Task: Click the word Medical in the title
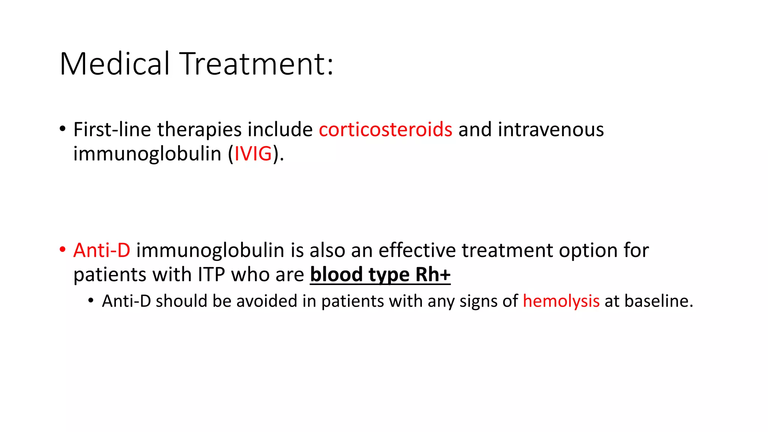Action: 114,64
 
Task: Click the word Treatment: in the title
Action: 256,64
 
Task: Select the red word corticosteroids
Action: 385,130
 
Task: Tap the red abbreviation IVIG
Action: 253,154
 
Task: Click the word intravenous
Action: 550,130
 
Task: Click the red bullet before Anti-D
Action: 62,250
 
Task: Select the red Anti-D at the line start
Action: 102,250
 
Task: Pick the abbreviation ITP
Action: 211,275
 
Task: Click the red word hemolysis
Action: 561,301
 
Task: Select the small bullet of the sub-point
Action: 91,301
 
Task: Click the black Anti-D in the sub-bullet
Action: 126,301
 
